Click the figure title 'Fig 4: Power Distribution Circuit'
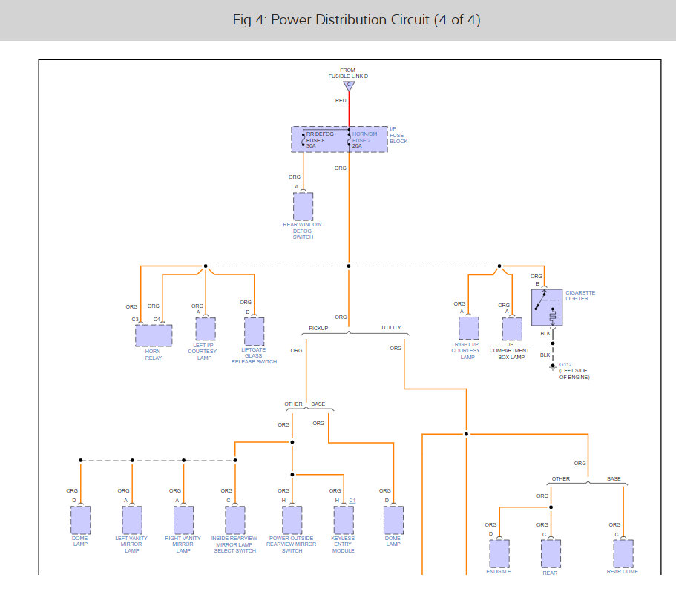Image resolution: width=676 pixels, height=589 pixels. pyautogui.click(x=356, y=20)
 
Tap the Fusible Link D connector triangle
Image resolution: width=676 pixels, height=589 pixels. pyautogui.click(x=348, y=86)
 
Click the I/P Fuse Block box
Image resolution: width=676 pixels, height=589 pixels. pyautogui.click(x=339, y=139)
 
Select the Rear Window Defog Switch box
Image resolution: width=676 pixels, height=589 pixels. pyautogui.click(x=303, y=206)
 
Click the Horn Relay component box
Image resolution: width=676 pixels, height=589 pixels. pyautogui.click(x=153, y=335)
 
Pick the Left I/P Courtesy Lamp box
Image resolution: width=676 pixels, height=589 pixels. pyautogui.click(x=205, y=329)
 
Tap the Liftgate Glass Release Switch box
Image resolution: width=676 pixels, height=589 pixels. pyautogui.click(x=254, y=331)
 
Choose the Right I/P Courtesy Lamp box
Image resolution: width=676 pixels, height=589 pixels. pyautogui.click(x=468, y=328)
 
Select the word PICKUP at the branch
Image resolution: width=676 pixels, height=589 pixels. pyautogui.click(x=318, y=328)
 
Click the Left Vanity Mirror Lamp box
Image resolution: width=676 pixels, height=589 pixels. pyautogui.click(x=132, y=521)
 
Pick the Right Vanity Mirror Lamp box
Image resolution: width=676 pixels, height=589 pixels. pyautogui.click(x=183, y=521)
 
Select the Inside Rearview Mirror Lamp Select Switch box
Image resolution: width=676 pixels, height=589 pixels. pyautogui.click(x=235, y=521)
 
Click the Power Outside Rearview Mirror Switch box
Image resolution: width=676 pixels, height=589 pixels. pyautogui.click(x=292, y=521)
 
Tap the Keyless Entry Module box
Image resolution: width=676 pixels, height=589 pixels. pyautogui.click(x=344, y=521)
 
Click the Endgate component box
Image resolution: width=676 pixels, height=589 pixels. pyautogui.click(x=499, y=553)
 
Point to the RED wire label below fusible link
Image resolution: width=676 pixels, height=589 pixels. pyautogui.click(x=341, y=100)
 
